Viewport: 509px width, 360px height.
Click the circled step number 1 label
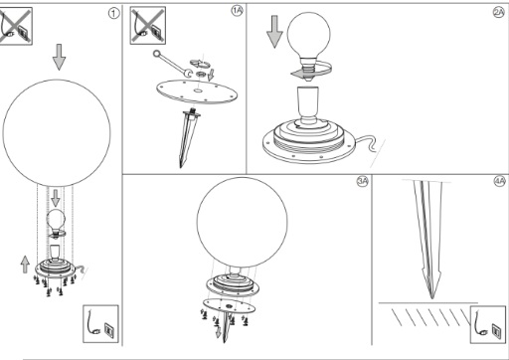(113, 13)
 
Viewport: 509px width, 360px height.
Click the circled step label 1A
(237, 11)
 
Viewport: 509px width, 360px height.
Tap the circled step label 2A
(499, 12)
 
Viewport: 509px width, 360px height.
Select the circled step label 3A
(362, 181)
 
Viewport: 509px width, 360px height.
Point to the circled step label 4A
(499, 181)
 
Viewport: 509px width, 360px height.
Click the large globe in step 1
(57, 132)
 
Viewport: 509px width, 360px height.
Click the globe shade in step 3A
(243, 223)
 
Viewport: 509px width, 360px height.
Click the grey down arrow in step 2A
(274, 32)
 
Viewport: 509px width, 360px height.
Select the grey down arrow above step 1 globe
(59, 57)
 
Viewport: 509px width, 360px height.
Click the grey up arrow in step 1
(25, 265)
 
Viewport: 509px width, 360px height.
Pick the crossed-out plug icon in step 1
(16, 26)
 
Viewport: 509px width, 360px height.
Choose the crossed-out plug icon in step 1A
(148, 25)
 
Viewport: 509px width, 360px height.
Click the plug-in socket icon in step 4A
(488, 324)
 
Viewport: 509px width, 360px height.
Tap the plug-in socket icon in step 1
(100, 324)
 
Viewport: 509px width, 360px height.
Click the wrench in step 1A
(172, 64)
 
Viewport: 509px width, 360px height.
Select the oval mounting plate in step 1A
(197, 91)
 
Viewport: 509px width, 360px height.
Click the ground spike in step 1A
(187, 137)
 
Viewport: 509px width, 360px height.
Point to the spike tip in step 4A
(432, 298)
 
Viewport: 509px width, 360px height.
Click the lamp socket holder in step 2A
(308, 106)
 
